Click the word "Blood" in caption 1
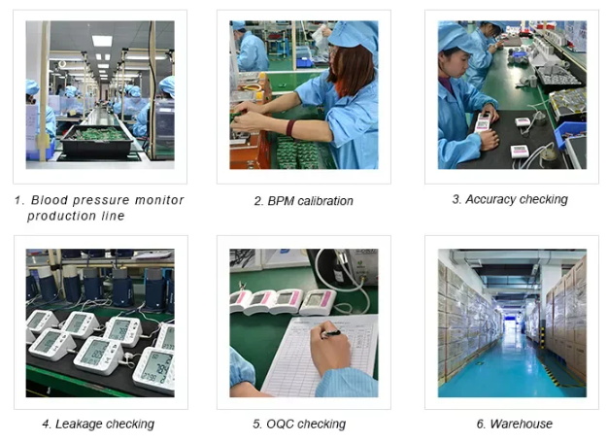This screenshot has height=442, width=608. click(51, 200)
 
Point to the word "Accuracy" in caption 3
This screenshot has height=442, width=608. click(492, 199)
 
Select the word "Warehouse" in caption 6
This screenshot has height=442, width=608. click(522, 424)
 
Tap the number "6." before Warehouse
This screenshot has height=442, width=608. click(481, 424)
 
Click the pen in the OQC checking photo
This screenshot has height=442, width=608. click(331, 333)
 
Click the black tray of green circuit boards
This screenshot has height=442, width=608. click(97, 141)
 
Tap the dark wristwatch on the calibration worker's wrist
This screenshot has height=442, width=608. click(290, 127)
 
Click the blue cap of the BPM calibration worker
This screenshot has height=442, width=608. click(355, 38)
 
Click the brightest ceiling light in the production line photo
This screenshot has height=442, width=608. click(102, 41)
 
